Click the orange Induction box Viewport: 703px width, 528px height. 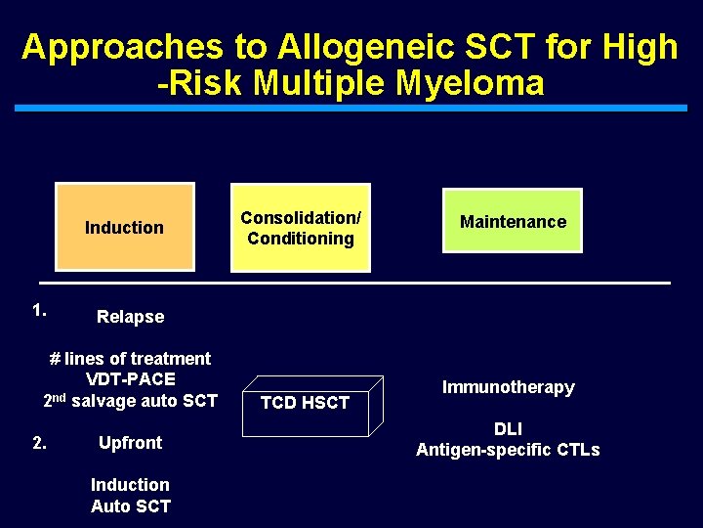coord(125,227)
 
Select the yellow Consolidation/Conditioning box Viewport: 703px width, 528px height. coord(301,228)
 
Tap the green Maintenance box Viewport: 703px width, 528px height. coord(513,221)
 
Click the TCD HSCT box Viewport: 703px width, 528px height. coord(305,403)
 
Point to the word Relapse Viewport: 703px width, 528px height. coord(130,317)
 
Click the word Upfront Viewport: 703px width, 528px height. coord(130,443)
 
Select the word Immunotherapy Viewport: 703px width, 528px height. coord(508,387)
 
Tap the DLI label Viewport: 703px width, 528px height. coord(508,429)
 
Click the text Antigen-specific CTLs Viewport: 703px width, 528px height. coord(508,450)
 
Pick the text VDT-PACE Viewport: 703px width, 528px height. coord(130,379)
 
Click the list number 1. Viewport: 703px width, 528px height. coord(39,311)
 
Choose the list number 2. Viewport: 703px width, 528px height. coord(39,443)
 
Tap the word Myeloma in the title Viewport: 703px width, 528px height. coord(471,83)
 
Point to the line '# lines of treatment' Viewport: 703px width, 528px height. coord(130,359)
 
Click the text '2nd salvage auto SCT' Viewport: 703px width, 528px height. coord(130,400)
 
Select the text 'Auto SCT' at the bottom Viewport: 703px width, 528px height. coord(130,506)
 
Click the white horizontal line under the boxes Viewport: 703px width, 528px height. coord(351,283)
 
